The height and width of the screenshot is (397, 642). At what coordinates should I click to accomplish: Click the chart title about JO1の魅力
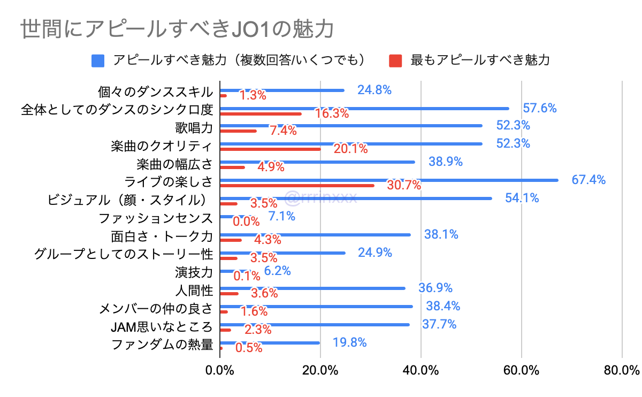[x=177, y=30]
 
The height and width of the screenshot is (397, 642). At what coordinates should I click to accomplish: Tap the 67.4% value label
[x=588, y=180]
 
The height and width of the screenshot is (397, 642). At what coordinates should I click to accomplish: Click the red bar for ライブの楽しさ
[x=297, y=185]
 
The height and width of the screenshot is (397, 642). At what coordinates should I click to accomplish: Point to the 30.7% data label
[x=404, y=186]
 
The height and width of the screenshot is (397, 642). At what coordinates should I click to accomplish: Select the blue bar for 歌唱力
[x=351, y=126]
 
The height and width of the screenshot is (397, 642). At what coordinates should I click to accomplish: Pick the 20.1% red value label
[x=350, y=149]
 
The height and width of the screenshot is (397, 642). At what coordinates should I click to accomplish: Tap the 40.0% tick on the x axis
[x=420, y=370]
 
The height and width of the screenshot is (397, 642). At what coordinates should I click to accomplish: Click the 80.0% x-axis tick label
[x=622, y=370]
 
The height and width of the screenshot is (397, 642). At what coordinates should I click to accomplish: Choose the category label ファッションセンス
[x=156, y=218]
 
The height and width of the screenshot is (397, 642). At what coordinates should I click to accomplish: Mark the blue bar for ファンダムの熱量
[x=270, y=343]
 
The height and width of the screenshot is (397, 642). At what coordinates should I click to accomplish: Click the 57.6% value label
[x=540, y=108]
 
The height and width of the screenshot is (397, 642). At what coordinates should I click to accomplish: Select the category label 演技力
[x=194, y=272]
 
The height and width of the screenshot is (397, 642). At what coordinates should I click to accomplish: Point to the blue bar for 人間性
[x=312, y=288]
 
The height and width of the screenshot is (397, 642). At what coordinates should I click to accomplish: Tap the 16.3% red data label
[x=332, y=114]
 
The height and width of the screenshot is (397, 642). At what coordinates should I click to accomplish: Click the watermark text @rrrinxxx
[x=321, y=198]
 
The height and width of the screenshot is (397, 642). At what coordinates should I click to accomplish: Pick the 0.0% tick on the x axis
[x=220, y=370]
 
